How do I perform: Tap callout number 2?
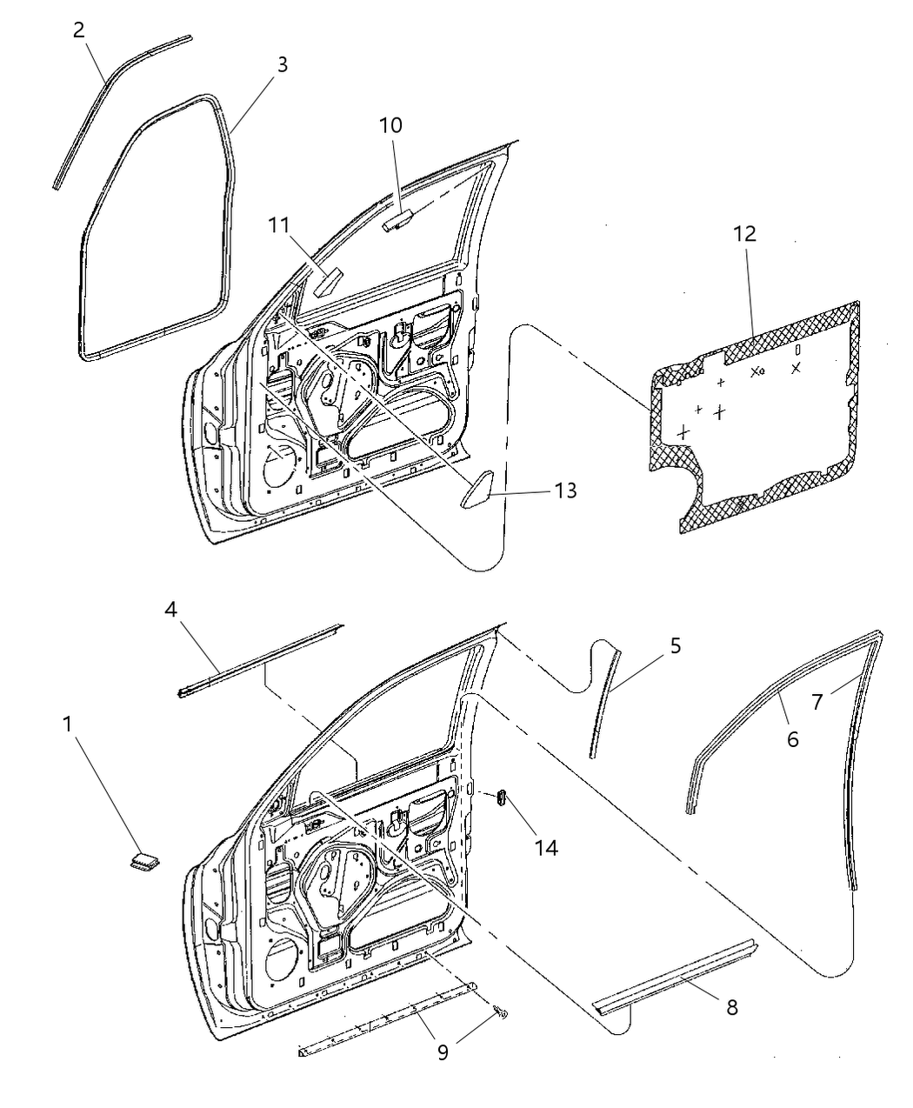[x=79, y=30]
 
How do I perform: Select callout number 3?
[x=281, y=65]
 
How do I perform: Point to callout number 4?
[x=172, y=610]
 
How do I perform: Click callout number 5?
[x=675, y=646]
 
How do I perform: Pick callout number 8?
[x=731, y=1007]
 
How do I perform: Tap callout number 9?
[x=443, y=1052]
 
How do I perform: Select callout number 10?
[x=390, y=125]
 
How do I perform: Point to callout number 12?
[x=744, y=234]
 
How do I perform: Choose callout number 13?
[x=564, y=491]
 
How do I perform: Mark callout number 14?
[x=545, y=847]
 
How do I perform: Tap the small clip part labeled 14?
[x=502, y=798]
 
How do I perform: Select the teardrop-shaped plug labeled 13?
[x=477, y=492]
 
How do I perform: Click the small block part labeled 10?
[x=397, y=222]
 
